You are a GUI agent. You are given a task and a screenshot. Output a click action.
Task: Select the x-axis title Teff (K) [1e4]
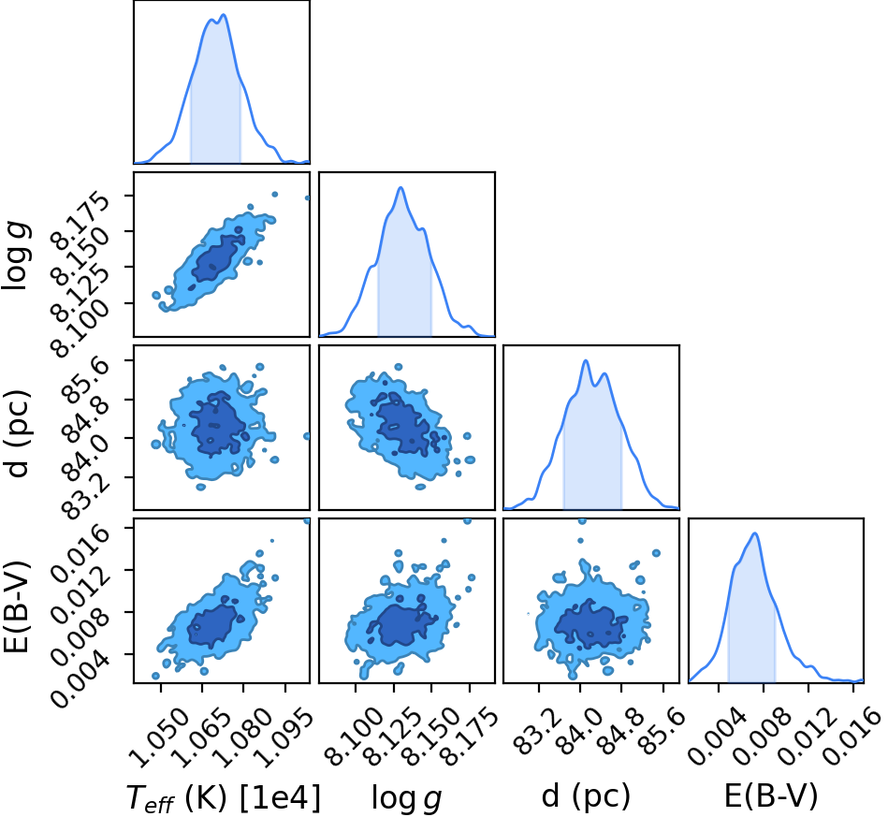point(223,797)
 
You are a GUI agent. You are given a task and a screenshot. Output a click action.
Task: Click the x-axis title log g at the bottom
point(406,797)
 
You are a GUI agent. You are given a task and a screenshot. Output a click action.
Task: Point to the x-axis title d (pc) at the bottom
point(586,796)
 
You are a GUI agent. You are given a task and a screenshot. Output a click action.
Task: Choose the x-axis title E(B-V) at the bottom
point(771,796)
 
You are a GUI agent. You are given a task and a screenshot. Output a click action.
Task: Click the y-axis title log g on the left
point(16,256)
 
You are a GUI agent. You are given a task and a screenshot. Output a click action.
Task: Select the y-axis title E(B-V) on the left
point(16,606)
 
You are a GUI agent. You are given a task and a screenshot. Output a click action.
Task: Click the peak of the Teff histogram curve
point(224,15)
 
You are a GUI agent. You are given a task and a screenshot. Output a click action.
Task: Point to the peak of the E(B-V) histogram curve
point(755,533)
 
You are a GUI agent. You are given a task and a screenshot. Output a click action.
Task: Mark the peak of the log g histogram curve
point(401,187)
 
